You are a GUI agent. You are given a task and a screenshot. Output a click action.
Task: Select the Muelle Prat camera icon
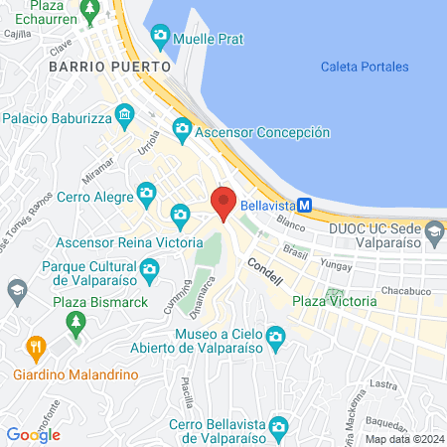(160, 38)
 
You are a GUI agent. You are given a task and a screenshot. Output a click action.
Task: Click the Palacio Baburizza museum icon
(123, 114)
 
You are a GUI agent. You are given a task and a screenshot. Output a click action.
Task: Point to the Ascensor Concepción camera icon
(181, 128)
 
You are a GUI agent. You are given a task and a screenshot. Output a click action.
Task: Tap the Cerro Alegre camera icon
(146, 192)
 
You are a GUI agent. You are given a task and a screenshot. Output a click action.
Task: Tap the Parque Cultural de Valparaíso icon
(149, 267)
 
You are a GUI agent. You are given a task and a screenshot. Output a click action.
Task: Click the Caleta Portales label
(365, 67)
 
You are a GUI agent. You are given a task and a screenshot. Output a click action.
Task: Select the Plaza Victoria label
(335, 301)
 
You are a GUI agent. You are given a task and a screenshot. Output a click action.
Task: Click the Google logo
(33, 434)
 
